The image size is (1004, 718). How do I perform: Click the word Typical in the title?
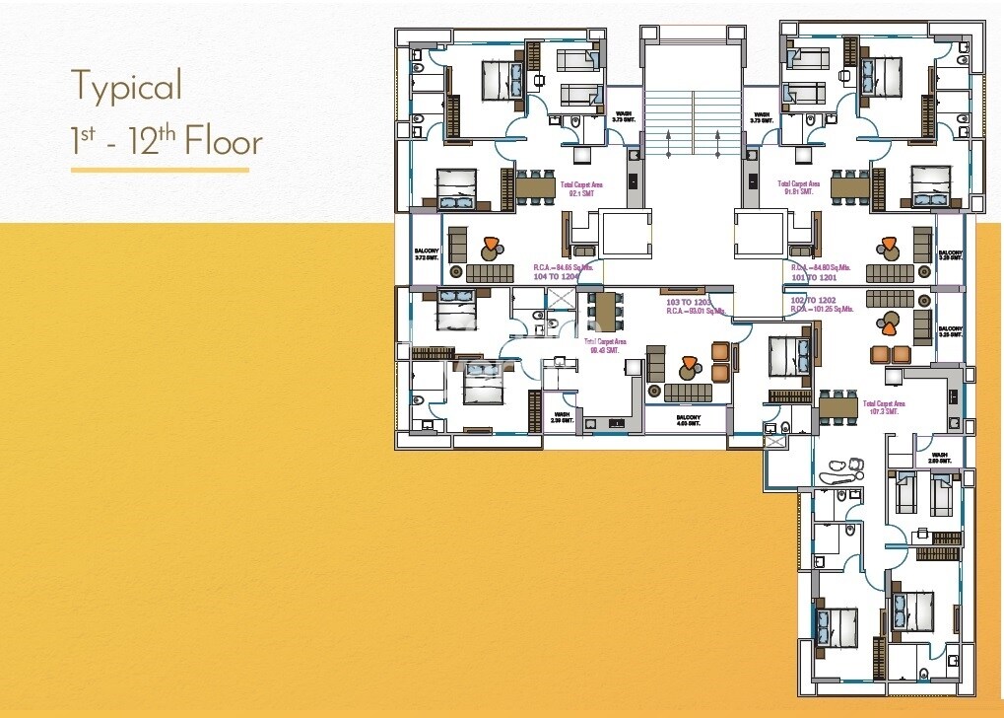point(126,87)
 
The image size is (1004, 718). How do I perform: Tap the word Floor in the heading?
point(224,143)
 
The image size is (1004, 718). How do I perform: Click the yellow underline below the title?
point(160,170)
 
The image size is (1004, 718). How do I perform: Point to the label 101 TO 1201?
point(813,277)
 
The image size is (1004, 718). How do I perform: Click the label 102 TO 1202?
point(813,300)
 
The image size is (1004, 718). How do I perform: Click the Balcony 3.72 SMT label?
point(426,254)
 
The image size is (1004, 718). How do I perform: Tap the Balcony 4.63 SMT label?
point(689,421)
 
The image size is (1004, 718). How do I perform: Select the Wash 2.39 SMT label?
point(562,418)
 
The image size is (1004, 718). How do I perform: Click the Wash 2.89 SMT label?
point(938,459)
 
